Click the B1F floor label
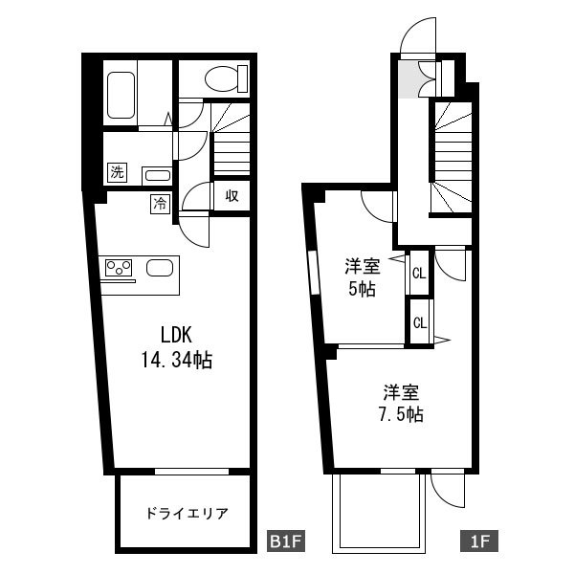(x=285, y=541)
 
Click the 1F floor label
(x=479, y=541)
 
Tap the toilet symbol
(x=226, y=78)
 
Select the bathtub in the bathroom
(x=121, y=95)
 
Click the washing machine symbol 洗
(x=117, y=172)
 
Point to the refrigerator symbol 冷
(x=160, y=204)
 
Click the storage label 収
(x=232, y=196)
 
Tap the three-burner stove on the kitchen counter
(x=119, y=268)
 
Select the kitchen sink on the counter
(x=160, y=268)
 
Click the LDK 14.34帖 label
(x=176, y=348)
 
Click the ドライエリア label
(x=187, y=514)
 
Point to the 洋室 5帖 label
(x=363, y=277)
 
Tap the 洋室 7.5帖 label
(x=401, y=404)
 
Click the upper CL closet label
(x=420, y=273)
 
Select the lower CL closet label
(x=420, y=322)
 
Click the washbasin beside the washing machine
(x=158, y=176)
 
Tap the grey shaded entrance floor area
(x=410, y=79)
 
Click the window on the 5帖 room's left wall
(x=314, y=273)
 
